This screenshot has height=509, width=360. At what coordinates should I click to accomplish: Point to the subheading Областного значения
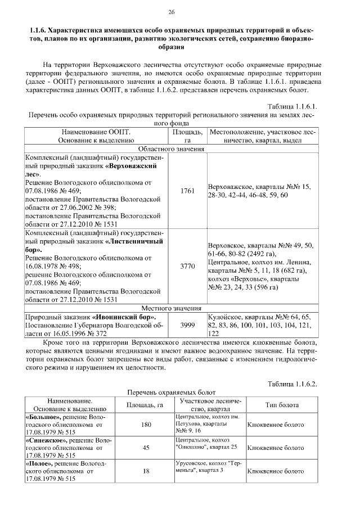click(x=172, y=148)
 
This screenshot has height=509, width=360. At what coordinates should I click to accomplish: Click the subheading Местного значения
click(x=172, y=308)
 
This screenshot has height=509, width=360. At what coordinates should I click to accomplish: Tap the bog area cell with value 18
click(x=147, y=471)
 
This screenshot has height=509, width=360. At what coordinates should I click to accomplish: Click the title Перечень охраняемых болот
click(x=172, y=393)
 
